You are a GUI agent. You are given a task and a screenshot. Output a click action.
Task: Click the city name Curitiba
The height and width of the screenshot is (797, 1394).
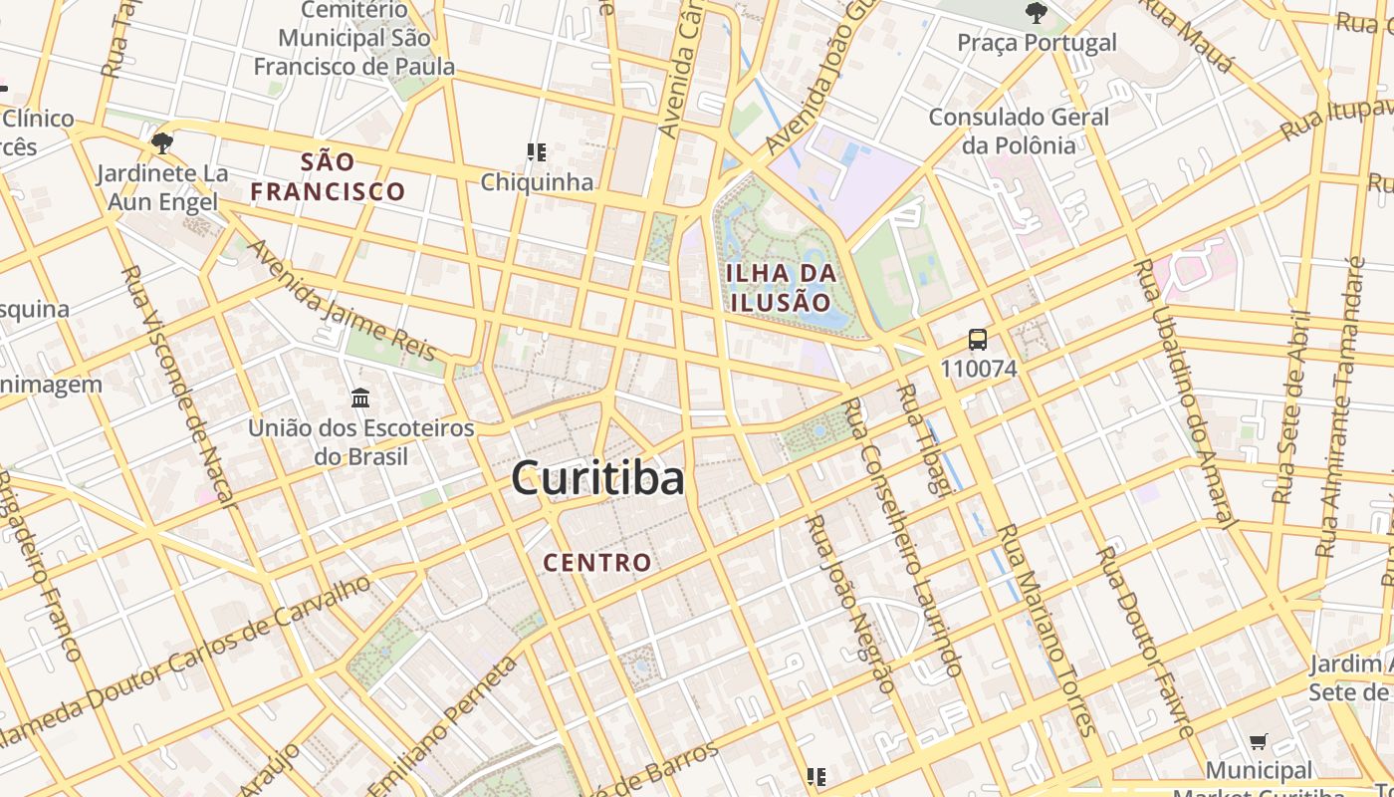pyautogui.click(x=597, y=479)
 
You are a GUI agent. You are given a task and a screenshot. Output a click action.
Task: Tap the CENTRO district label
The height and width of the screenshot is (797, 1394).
pyautogui.click(x=597, y=563)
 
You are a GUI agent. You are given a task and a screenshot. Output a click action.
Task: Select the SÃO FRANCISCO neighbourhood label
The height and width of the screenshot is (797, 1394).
pyautogui.click(x=328, y=176)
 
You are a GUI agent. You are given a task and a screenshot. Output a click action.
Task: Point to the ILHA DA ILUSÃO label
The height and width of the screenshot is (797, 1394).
pyautogui.click(x=780, y=287)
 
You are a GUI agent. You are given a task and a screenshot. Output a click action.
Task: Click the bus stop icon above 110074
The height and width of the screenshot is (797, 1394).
pyautogui.click(x=978, y=340)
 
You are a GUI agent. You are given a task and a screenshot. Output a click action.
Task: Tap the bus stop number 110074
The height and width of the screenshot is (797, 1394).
pyautogui.click(x=978, y=369)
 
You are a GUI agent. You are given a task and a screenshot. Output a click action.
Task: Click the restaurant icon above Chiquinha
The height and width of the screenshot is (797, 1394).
pyautogui.click(x=537, y=152)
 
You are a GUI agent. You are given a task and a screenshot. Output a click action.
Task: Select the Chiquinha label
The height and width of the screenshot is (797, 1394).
pyautogui.click(x=537, y=182)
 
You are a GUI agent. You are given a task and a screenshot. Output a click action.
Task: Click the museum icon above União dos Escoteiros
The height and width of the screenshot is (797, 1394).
pyautogui.click(x=360, y=398)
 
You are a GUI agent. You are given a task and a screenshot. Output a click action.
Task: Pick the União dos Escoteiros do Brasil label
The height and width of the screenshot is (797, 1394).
pyautogui.click(x=360, y=442)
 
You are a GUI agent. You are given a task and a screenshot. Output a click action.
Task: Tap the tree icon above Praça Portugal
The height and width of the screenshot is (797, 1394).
pyautogui.click(x=1036, y=14)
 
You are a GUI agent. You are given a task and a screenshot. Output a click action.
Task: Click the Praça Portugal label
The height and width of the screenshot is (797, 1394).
pyautogui.click(x=1037, y=43)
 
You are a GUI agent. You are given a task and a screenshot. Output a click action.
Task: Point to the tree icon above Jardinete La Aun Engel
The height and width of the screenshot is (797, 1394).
pyautogui.click(x=161, y=143)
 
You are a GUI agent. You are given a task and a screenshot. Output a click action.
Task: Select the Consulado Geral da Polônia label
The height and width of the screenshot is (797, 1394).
pyautogui.click(x=1018, y=131)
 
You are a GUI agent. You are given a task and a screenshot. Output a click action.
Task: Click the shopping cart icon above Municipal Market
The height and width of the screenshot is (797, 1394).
pyautogui.click(x=1259, y=741)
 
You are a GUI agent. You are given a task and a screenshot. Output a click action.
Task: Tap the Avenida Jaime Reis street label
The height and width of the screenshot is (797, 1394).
pyautogui.click(x=341, y=298)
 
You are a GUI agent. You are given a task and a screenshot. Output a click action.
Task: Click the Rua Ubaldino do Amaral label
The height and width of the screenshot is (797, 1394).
pyautogui.click(x=1185, y=394)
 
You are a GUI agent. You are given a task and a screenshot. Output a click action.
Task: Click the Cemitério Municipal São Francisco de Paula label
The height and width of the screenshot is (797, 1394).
pyautogui.click(x=354, y=39)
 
